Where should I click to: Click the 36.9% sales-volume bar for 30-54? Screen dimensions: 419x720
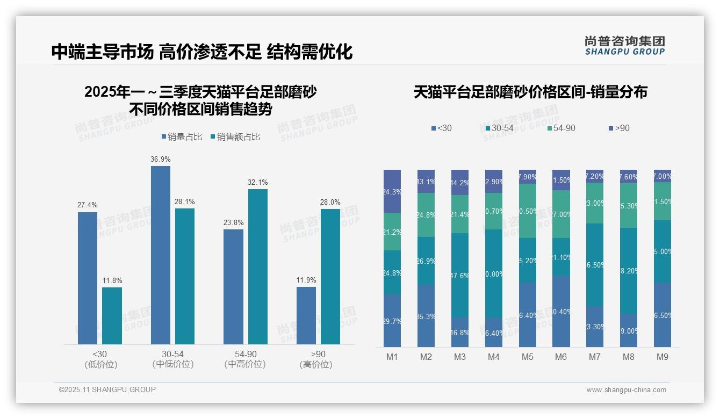[x=161, y=255]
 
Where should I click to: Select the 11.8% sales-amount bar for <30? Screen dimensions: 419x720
[x=112, y=316]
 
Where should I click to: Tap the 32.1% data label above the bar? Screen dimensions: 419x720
[x=257, y=182]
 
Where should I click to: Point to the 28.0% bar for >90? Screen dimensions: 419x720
[x=330, y=277]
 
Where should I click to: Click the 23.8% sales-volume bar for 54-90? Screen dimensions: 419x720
[x=233, y=287]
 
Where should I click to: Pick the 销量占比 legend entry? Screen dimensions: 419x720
[x=181, y=137]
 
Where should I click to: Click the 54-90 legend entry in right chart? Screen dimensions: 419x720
[x=561, y=128]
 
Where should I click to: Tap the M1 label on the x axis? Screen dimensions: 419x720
[x=392, y=357]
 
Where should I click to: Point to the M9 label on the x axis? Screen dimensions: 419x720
[x=663, y=357]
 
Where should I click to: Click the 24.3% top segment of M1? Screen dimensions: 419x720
[x=392, y=191]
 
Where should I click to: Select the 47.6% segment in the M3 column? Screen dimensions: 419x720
[x=460, y=275]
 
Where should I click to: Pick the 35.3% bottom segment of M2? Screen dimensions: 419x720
[x=426, y=316]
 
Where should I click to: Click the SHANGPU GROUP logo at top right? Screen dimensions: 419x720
[x=624, y=46]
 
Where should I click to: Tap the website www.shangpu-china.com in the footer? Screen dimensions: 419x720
[x=626, y=390]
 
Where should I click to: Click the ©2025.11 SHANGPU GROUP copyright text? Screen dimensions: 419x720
[x=107, y=389]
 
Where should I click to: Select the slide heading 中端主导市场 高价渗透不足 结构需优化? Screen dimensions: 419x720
[x=202, y=52]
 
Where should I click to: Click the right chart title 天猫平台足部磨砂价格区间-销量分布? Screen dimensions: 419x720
[x=530, y=92]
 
